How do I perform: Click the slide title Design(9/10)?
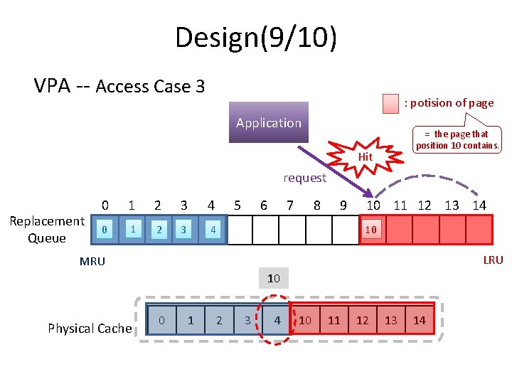click(256, 37)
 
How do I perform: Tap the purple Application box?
click(269, 123)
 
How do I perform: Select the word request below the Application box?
click(304, 178)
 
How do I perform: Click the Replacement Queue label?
click(46, 230)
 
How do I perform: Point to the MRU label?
click(92, 262)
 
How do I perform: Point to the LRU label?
click(493, 260)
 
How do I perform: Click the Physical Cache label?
click(90, 328)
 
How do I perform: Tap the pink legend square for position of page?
click(390, 103)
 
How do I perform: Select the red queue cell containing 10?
click(372, 230)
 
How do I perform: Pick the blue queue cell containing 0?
click(105, 230)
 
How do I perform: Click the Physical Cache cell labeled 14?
click(420, 321)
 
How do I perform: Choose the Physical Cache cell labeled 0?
click(161, 321)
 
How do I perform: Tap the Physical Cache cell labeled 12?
click(363, 321)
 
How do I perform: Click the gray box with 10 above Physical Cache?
click(274, 278)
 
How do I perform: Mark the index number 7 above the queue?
click(290, 206)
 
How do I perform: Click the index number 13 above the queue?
click(452, 206)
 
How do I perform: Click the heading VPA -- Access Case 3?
click(119, 87)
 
